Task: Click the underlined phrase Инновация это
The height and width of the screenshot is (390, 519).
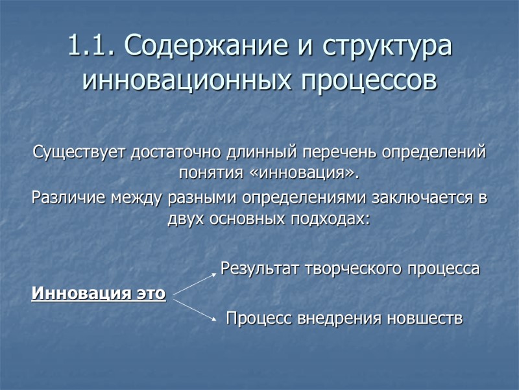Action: (x=99, y=294)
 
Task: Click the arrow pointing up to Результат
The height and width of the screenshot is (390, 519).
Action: (x=194, y=285)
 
